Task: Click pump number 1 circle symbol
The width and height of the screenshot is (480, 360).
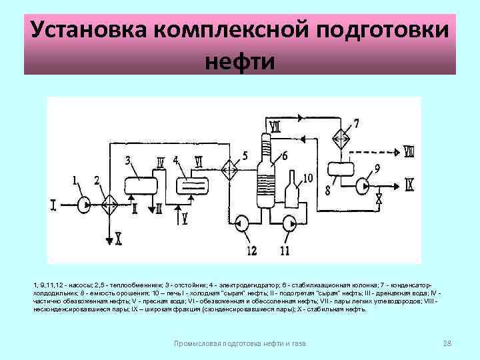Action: click(85, 203)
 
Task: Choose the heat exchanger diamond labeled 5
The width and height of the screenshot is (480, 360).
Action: click(230, 169)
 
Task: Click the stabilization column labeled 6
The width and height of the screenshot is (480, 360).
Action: click(265, 177)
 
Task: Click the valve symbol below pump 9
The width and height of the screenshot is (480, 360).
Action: click(379, 199)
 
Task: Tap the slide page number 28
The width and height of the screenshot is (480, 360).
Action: click(447, 343)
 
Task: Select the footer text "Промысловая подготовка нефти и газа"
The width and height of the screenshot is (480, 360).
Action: click(239, 343)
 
